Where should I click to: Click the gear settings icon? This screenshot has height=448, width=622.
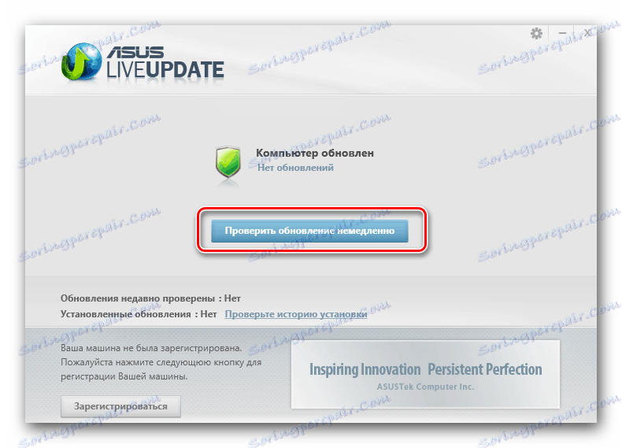click(537, 34)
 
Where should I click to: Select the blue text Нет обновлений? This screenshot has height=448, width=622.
click(295, 168)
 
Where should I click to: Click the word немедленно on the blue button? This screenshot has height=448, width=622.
click(374, 231)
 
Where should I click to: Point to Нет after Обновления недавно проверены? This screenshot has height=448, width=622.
click(231, 299)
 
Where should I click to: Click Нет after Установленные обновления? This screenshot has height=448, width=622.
click(208, 313)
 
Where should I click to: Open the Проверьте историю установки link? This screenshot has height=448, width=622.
click(296, 313)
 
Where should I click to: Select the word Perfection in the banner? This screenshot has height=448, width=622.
click(512, 369)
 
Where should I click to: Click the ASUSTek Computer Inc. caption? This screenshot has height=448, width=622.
click(425, 388)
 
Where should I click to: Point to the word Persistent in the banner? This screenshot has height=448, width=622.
click(457, 369)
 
